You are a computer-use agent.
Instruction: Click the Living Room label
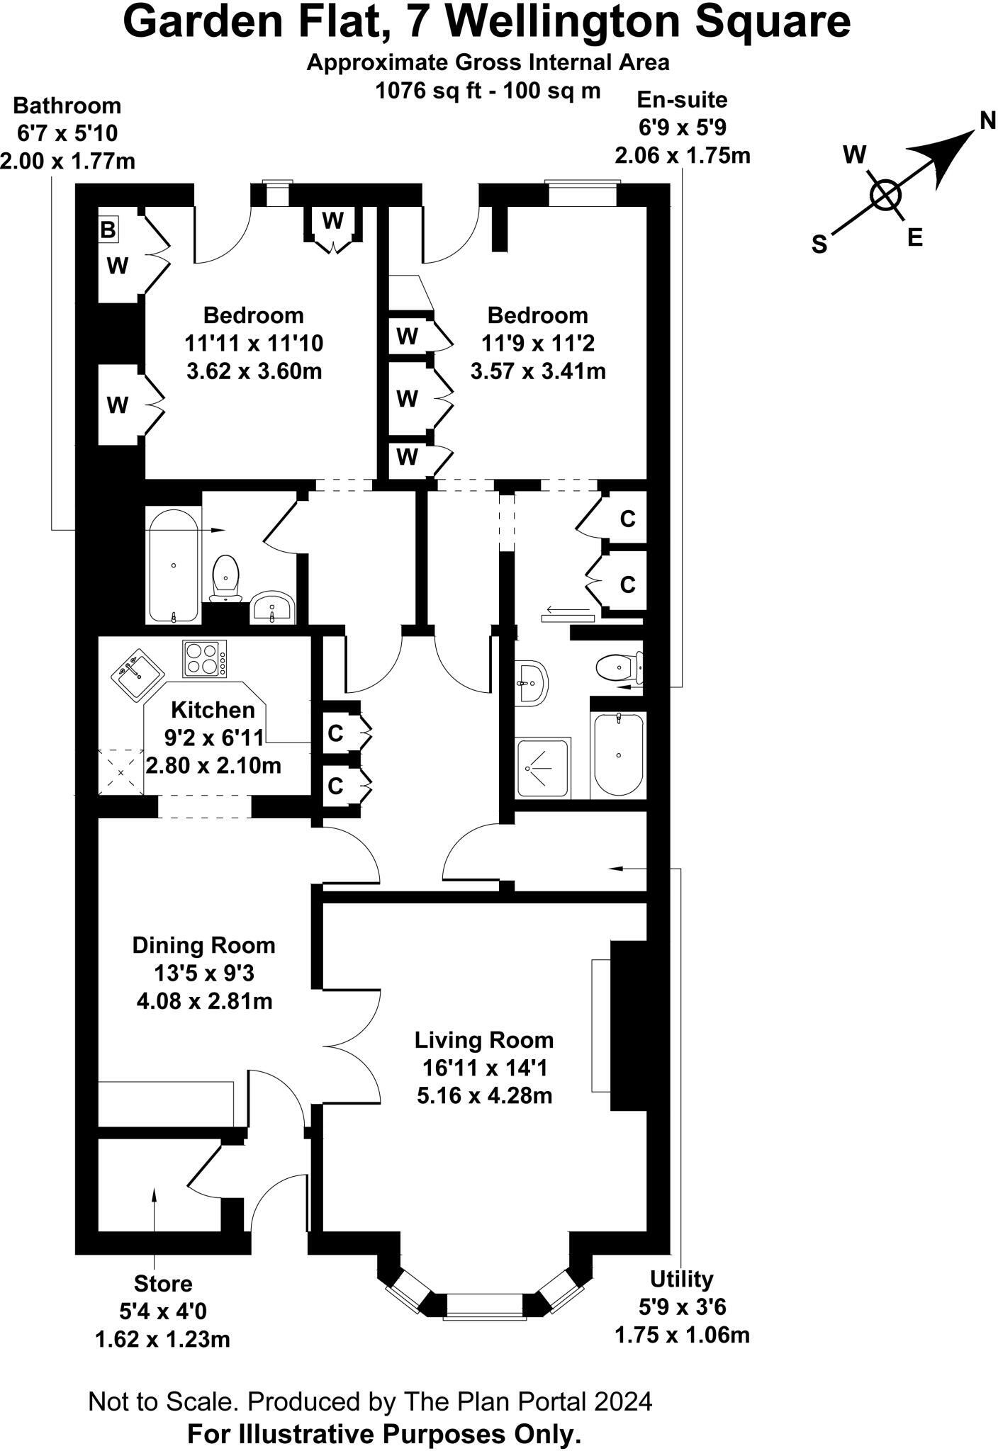484,1040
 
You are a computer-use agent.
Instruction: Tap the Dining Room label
203,945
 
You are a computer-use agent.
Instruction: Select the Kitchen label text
213,710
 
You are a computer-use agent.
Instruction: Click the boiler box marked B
108,230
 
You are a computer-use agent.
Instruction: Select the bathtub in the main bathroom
174,564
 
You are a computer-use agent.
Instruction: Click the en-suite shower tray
543,768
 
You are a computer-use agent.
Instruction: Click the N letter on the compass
987,120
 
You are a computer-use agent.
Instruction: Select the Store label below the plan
163,1283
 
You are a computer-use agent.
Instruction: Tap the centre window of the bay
484,1303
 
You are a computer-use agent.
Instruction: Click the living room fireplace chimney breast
628,1024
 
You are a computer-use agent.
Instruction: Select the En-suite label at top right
682,99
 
